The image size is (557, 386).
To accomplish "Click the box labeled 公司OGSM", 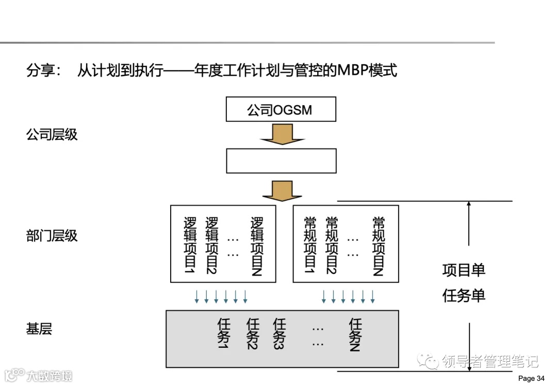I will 281,109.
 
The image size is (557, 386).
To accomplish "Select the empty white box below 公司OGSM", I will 281,160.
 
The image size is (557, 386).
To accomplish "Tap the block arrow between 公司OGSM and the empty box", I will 281,135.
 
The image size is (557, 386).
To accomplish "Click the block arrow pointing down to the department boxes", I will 282,191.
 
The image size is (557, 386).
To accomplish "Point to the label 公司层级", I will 52,135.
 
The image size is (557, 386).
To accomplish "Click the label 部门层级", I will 52,236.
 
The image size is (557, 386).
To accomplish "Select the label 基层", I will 39,329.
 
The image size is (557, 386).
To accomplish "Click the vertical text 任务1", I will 224,334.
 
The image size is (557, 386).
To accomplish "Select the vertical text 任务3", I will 279,334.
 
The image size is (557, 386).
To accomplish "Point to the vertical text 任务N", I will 355,334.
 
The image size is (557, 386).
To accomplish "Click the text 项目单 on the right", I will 464,270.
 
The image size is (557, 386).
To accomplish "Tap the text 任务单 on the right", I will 464,296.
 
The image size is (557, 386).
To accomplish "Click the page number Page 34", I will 531,378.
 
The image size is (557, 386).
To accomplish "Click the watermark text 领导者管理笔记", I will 490,361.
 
